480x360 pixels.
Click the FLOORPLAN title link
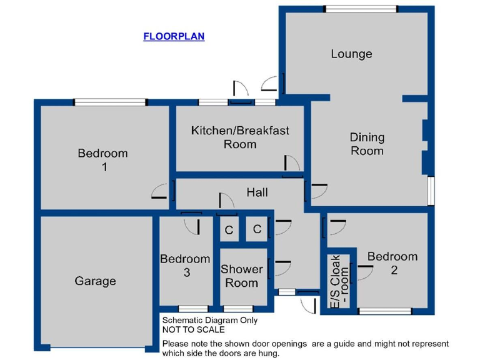coord(174,36)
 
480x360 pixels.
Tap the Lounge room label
coord(351,54)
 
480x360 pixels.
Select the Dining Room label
coord(367,144)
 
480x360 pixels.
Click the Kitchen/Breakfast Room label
coord(240,137)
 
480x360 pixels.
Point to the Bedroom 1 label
coord(102,159)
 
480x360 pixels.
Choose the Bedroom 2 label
coord(392,263)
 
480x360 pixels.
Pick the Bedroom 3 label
coord(186,266)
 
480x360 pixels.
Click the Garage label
coord(95,281)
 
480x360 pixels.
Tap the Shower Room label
coord(242,276)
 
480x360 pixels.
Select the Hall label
coord(257,192)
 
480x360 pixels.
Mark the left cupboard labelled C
coord(229,231)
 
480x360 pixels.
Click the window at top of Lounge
coord(361,9)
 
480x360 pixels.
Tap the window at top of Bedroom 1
coord(110,102)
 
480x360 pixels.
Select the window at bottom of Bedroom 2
coord(386,311)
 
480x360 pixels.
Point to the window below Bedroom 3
coord(193,308)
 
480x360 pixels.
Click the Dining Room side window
coord(431,190)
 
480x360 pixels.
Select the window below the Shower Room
coord(238,308)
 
